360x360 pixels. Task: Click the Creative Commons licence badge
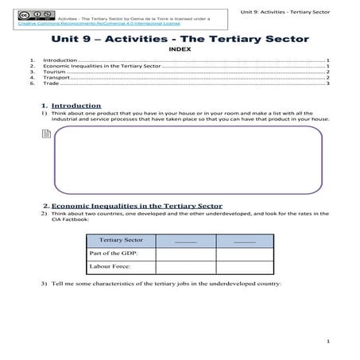coord(33,15)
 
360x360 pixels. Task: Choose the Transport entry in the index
coord(58,77)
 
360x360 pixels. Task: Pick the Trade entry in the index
coord(52,83)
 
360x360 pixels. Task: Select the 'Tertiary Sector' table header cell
coord(122,239)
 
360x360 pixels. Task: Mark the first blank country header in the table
coord(184,239)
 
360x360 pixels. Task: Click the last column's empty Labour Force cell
coord(245,266)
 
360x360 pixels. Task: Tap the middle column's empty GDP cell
coord(184,253)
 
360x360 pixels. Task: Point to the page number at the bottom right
coord(327,341)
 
